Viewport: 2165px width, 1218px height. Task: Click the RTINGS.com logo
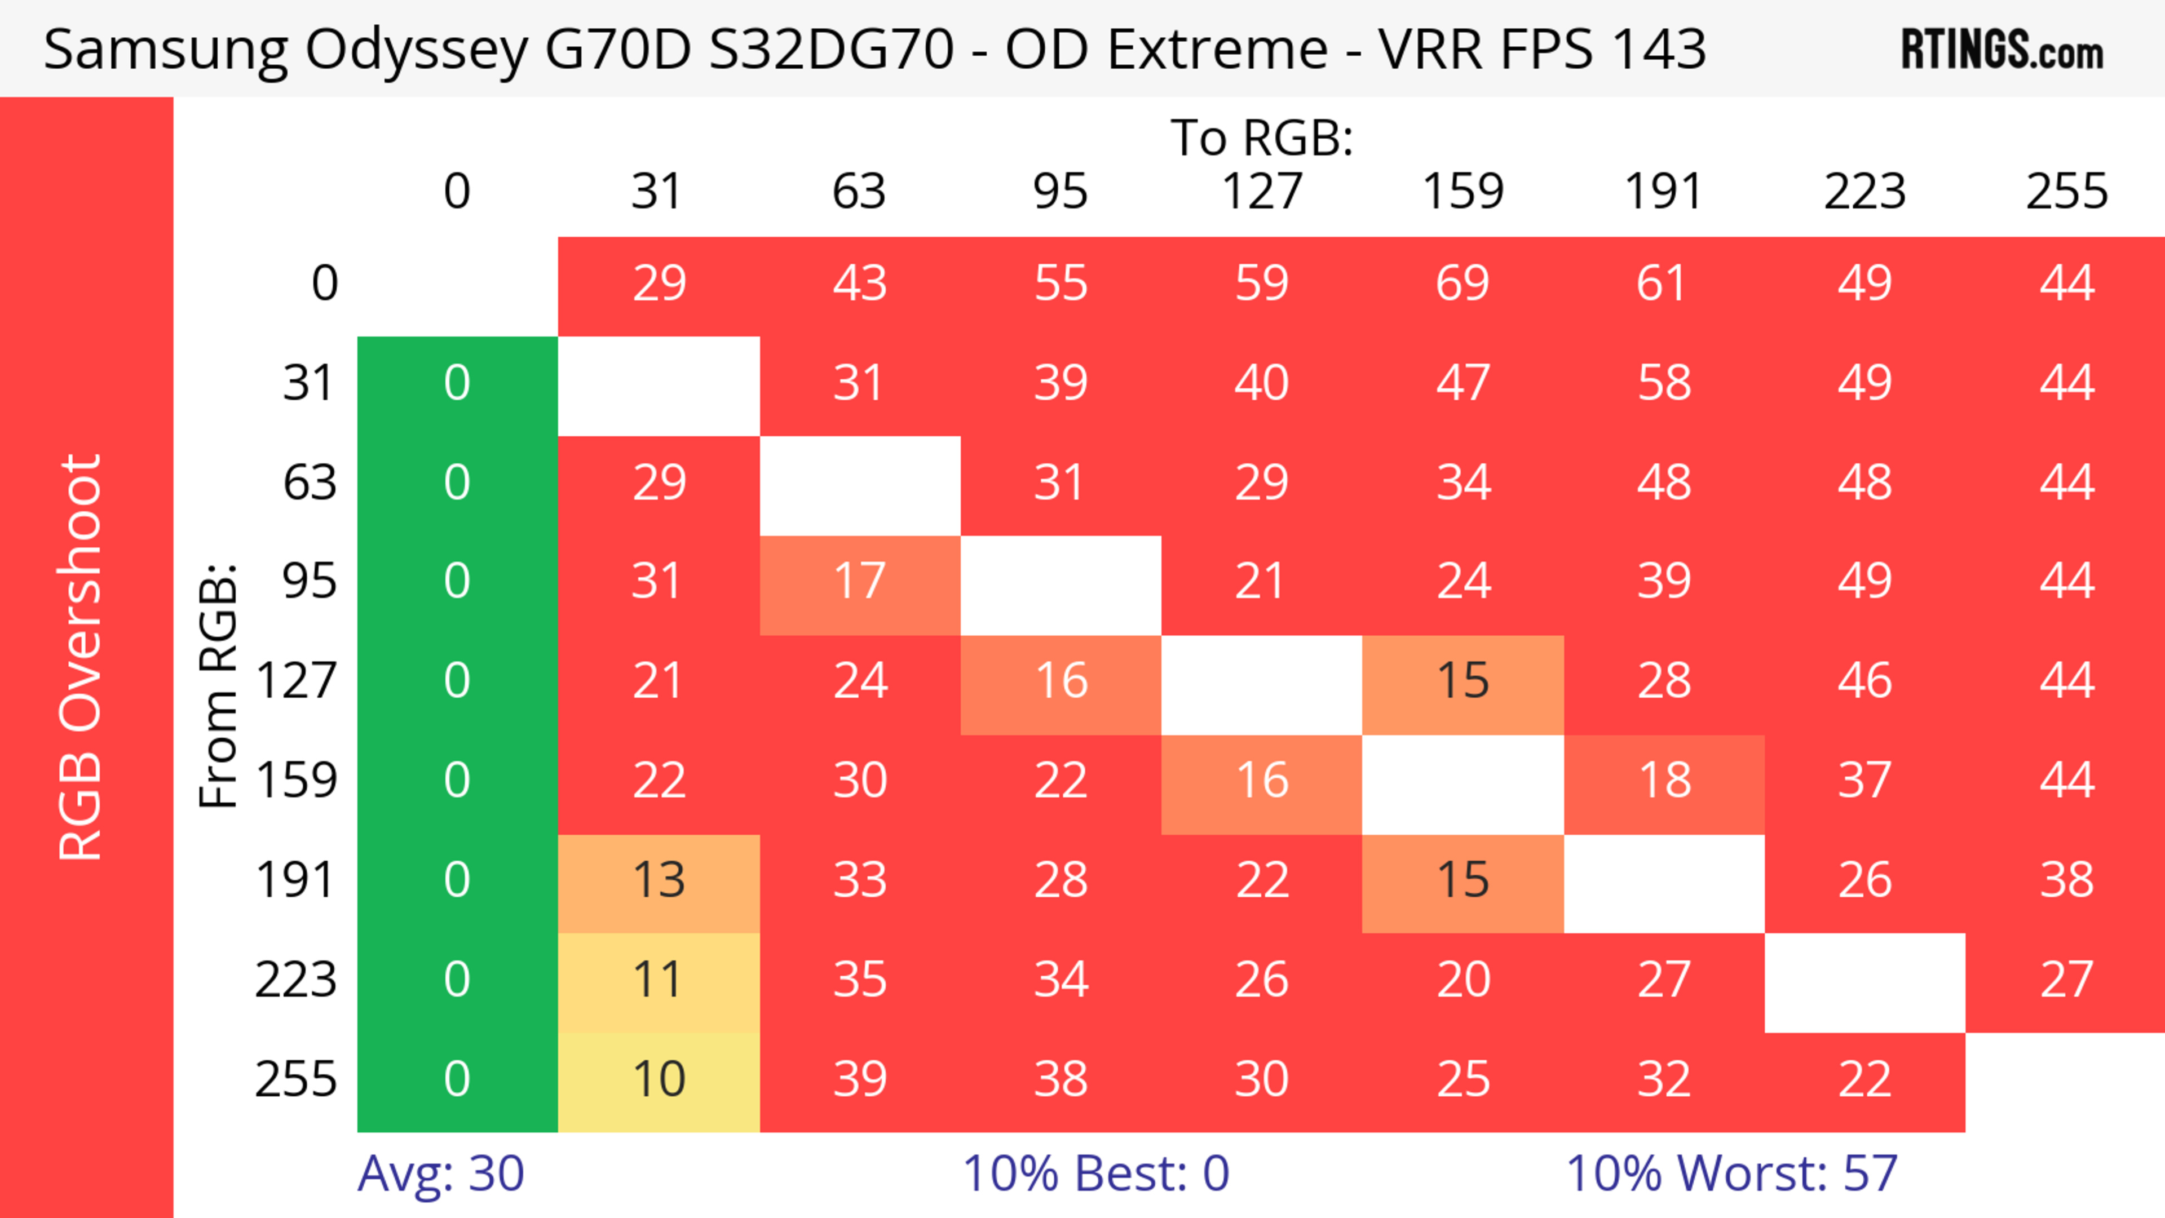(x=2002, y=50)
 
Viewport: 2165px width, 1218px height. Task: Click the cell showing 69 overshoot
(x=1463, y=284)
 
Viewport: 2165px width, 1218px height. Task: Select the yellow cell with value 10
(x=659, y=1080)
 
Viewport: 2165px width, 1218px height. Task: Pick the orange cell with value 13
(x=659, y=881)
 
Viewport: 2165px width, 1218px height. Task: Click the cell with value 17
(x=860, y=582)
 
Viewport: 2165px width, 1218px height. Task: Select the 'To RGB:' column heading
(x=1262, y=138)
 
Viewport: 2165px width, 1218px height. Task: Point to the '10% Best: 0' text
(x=1095, y=1173)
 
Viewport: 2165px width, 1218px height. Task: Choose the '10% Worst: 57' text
(x=1731, y=1173)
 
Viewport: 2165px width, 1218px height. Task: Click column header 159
(x=1463, y=192)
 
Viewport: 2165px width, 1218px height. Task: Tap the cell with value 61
(x=1663, y=284)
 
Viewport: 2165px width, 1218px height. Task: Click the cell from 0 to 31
(x=659, y=284)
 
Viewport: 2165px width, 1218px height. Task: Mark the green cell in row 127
(x=457, y=681)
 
